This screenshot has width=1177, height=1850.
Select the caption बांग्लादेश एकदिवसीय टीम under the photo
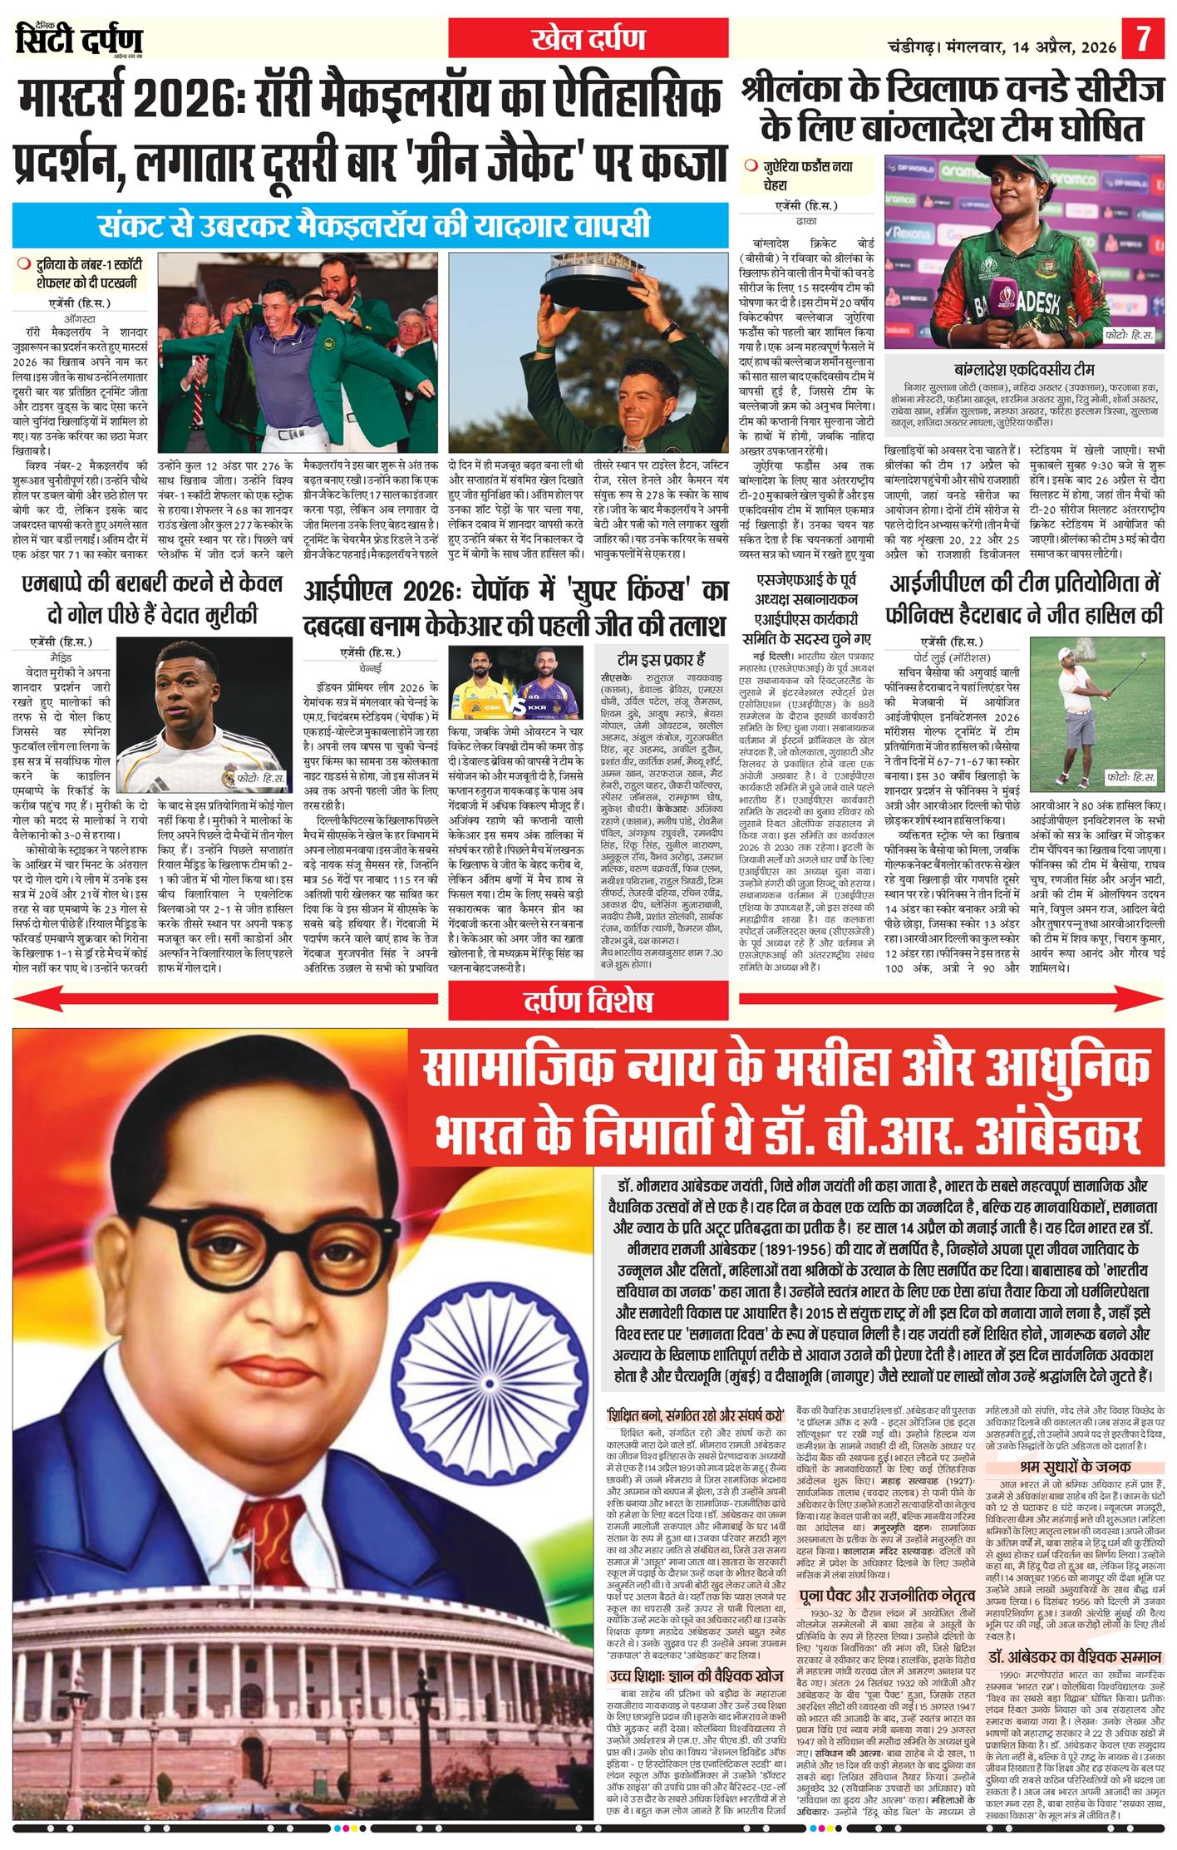point(1025,370)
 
